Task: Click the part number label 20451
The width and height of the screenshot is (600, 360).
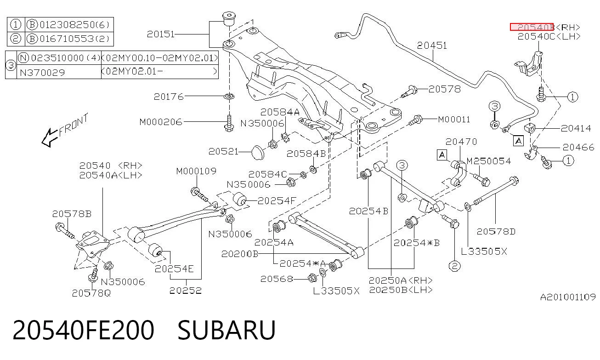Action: click(432, 46)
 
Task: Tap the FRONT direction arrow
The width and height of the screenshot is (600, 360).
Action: click(50, 138)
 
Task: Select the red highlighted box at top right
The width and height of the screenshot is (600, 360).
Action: click(532, 27)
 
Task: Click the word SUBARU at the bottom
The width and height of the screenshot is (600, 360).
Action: click(226, 330)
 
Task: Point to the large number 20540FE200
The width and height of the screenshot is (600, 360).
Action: click(83, 330)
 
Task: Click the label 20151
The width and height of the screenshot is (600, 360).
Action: click(161, 34)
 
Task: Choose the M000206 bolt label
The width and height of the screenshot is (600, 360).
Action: click(161, 122)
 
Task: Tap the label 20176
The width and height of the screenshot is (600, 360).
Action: click(169, 96)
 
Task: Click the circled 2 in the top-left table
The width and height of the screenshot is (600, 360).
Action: click(15, 39)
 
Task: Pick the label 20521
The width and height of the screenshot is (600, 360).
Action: click(223, 151)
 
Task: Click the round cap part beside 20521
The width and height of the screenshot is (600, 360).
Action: click(258, 152)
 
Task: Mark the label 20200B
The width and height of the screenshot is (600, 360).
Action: click(240, 254)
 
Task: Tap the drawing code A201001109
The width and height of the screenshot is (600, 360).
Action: click(567, 297)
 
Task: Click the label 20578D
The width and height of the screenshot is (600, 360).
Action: click(496, 231)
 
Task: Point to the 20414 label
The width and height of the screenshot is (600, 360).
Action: click(576, 128)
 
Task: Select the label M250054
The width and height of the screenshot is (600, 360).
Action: click(488, 161)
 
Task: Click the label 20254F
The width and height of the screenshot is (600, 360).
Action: click(277, 200)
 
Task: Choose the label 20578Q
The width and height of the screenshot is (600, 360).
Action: click(91, 293)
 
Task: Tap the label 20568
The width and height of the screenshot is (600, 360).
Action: click(277, 279)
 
